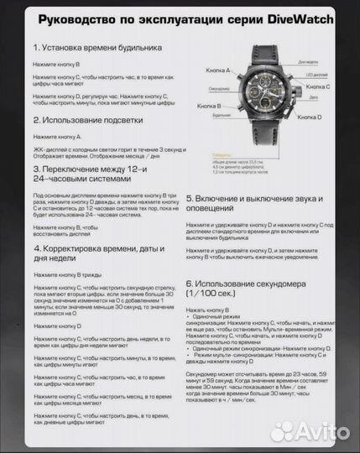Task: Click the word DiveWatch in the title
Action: pyautogui.click(x=300, y=19)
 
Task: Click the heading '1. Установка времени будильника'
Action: pyautogui.click(x=98, y=49)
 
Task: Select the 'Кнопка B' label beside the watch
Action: pyautogui.click(x=207, y=107)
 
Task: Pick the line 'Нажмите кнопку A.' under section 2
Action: pyautogui.click(x=57, y=136)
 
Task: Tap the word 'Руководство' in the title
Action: pyautogui.click(x=76, y=19)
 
